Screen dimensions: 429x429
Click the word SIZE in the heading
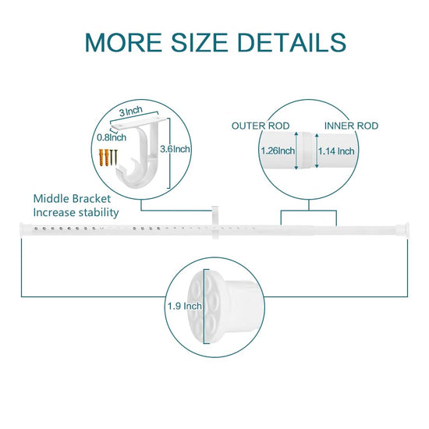(x=199, y=42)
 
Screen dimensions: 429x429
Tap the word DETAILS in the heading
(x=292, y=42)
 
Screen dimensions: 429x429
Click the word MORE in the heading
(x=123, y=42)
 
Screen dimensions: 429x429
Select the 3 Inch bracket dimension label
(x=131, y=112)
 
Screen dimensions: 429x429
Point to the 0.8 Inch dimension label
(x=112, y=137)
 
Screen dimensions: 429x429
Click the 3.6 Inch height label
(x=175, y=149)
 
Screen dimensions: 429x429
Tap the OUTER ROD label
(x=261, y=126)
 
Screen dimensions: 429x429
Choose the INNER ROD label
(x=351, y=126)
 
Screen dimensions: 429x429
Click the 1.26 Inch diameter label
(x=278, y=151)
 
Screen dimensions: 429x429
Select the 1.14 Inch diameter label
(x=336, y=151)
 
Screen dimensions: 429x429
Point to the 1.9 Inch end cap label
(x=185, y=306)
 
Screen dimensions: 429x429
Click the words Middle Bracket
(x=72, y=199)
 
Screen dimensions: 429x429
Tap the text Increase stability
(x=76, y=213)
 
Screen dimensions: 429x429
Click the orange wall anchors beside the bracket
(x=105, y=158)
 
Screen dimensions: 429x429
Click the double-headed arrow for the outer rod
(x=296, y=151)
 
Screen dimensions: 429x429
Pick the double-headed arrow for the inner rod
(x=317, y=151)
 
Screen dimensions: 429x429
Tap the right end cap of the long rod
(x=404, y=229)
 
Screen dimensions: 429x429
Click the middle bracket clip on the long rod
(x=215, y=222)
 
